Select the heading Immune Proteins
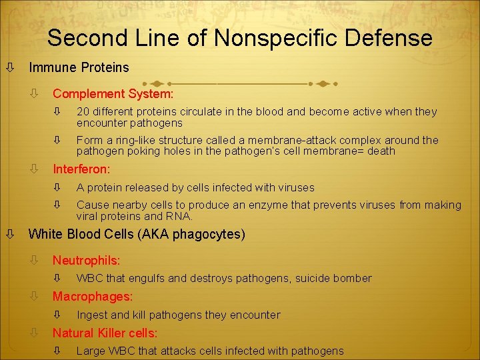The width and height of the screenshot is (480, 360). [79, 67]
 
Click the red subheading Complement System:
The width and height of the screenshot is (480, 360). [113, 94]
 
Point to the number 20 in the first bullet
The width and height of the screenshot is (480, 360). [83, 111]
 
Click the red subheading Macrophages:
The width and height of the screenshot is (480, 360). [93, 296]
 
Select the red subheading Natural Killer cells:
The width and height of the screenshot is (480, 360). [105, 333]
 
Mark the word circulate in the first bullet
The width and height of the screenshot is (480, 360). [194, 111]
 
